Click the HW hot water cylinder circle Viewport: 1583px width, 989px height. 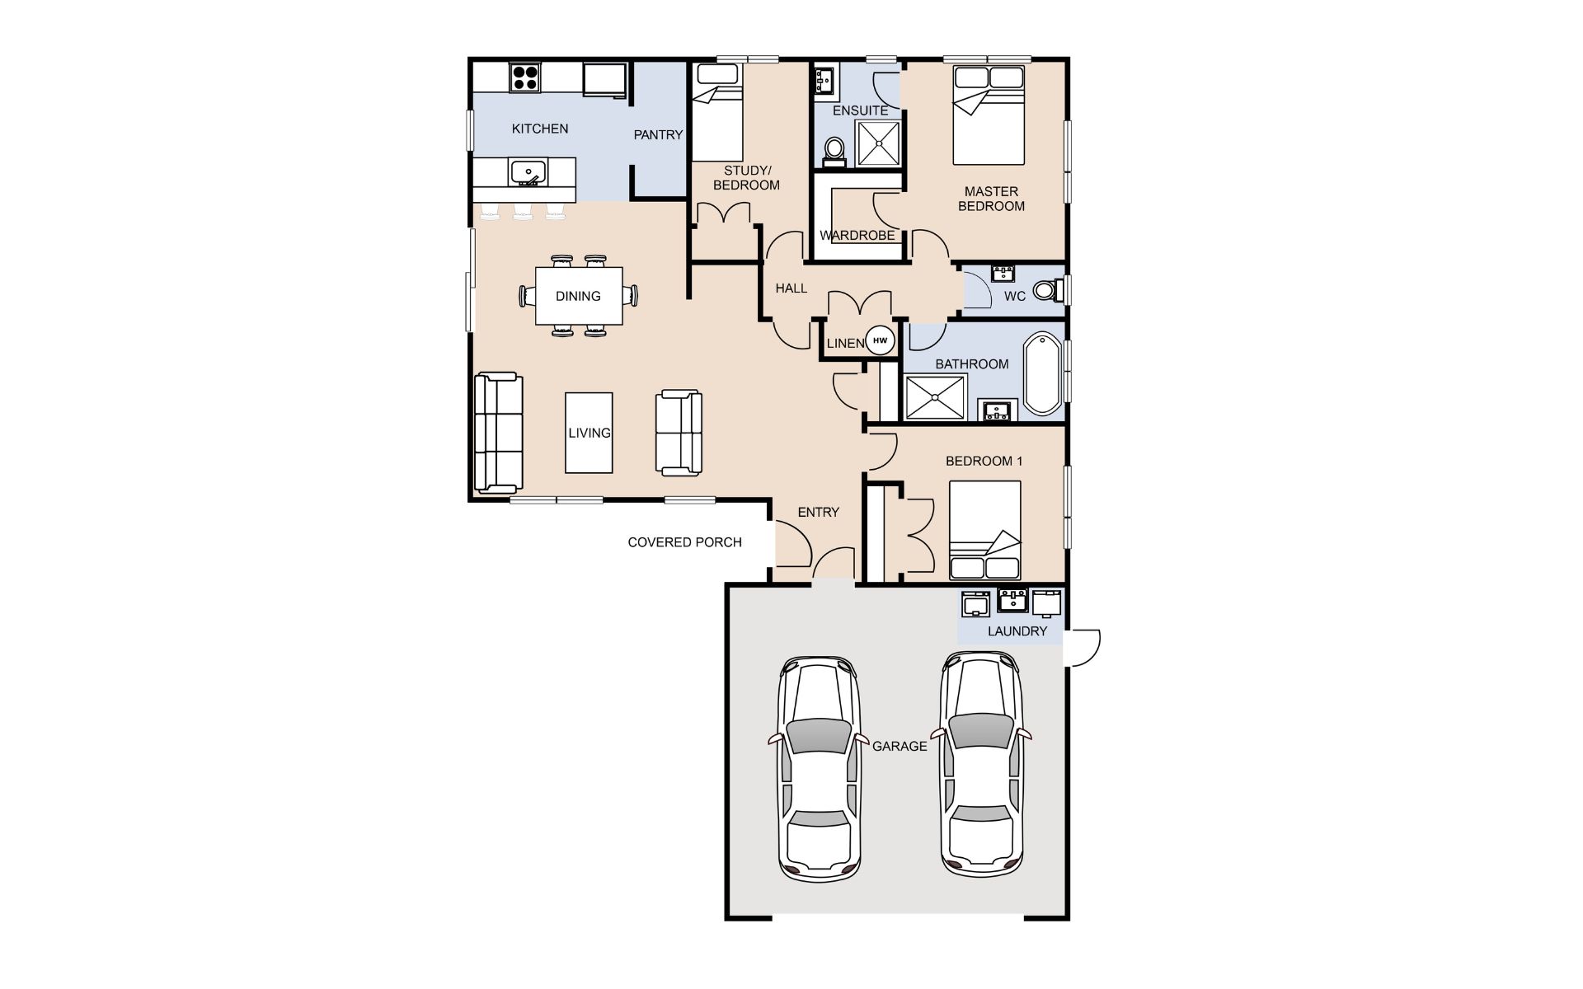click(881, 340)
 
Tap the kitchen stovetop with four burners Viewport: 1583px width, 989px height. click(525, 78)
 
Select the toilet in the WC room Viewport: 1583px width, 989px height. click(1050, 290)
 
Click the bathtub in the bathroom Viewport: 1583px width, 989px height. click(1043, 373)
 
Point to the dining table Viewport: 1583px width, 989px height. click(579, 296)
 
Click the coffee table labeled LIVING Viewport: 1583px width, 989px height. click(589, 433)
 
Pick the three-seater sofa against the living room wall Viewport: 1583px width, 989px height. click(499, 432)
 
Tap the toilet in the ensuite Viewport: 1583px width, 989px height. click(834, 152)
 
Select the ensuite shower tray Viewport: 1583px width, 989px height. click(878, 143)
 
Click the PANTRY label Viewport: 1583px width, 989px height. click(658, 135)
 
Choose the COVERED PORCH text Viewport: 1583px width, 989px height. click(684, 542)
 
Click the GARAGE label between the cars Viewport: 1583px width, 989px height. click(900, 746)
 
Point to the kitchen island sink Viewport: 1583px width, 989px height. click(528, 172)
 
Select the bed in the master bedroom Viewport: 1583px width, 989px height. click(989, 115)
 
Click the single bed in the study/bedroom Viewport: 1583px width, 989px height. click(717, 112)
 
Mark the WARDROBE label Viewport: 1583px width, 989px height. click(857, 236)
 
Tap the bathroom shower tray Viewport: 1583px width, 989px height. click(936, 398)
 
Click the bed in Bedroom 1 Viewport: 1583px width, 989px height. click(984, 531)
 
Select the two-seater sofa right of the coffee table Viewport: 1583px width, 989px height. click(679, 433)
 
